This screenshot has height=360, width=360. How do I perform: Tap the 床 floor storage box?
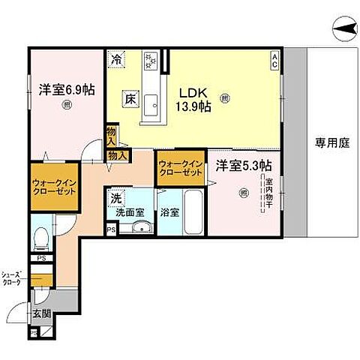click(128, 97)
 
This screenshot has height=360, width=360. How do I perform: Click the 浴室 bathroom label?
click(169, 212)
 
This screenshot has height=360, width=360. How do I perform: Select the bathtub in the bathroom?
click(193, 213)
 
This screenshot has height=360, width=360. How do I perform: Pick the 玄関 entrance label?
click(40, 313)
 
